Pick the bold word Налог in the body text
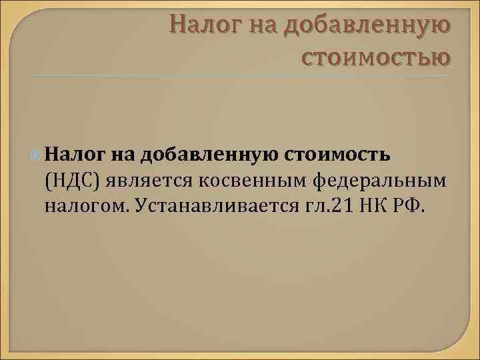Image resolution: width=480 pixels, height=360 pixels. (70, 155)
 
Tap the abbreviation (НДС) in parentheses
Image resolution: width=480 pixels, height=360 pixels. (72, 180)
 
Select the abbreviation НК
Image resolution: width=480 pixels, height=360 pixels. (374, 205)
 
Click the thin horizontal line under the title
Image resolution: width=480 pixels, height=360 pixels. (240, 75)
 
